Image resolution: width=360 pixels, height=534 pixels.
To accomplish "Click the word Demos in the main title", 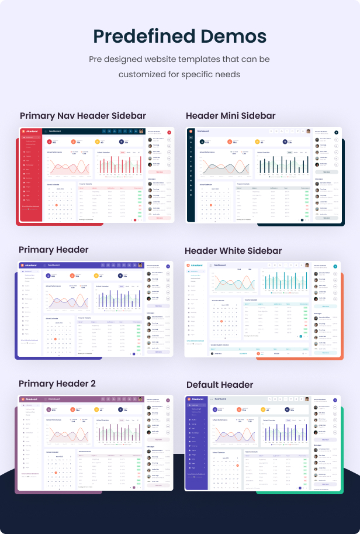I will point(234,36).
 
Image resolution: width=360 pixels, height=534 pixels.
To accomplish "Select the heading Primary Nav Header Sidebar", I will point(83,116).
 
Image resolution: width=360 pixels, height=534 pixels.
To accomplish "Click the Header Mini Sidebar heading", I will point(231,116).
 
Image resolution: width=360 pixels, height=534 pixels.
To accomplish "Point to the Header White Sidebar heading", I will point(233,251).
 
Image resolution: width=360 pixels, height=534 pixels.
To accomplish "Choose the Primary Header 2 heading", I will point(57,384).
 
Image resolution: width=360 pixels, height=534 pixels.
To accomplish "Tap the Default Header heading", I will point(220,385).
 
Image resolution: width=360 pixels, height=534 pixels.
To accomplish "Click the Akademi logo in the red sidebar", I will point(30,132).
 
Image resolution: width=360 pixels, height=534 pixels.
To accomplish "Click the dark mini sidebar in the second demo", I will point(191,181).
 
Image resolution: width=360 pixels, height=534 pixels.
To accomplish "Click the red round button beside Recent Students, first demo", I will point(169,133).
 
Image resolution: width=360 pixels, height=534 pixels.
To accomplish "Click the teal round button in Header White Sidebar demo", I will point(335,266).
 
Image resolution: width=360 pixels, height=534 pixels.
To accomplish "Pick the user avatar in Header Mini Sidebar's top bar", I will point(307,132).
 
